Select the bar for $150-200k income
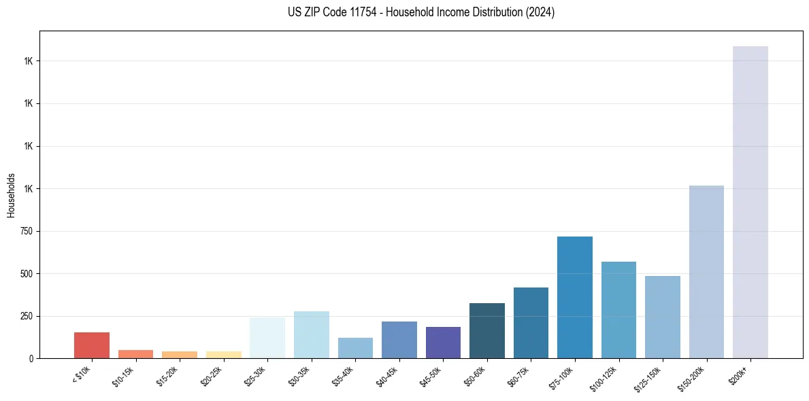pyautogui.click(x=706, y=272)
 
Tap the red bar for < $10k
pyautogui.click(x=92, y=345)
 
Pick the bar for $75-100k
pyautogui.click(x=574, y=297)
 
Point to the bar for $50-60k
pyautogui.click(x=486, y=330)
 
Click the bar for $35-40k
pyautogui.click(x=355, y=348)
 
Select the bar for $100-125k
pyautogui.click(x=618, y=310)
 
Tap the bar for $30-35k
pyautogui.click(x=311, y=334)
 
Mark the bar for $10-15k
pyautogui.click(x=135, y=354)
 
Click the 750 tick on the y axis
pyautogui.click(x=26, y=231)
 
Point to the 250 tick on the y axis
pyautogui.click(x=26, y=316)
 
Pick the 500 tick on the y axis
pyautogui.click(x=26, y=274)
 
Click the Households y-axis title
pyautogui.click(x=11, y=194)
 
